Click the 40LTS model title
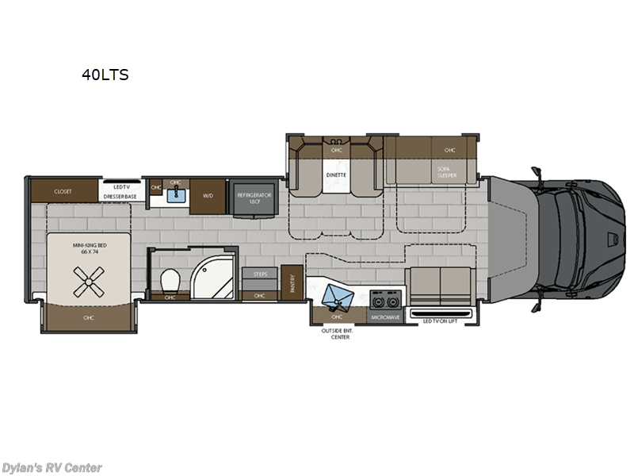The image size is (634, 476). click(105, 76)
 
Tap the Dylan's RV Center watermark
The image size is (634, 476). click(52, 467)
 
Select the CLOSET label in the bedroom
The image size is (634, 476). click(63, 191)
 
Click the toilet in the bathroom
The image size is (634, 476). click(169, 280)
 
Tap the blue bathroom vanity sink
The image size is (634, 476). click(176, 193)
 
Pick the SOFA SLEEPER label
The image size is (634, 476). click(446, 171)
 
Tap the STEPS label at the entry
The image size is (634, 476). click(260, 274)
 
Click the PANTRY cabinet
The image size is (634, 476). click(293, 284)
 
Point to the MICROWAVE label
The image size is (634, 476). click(384, 317)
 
